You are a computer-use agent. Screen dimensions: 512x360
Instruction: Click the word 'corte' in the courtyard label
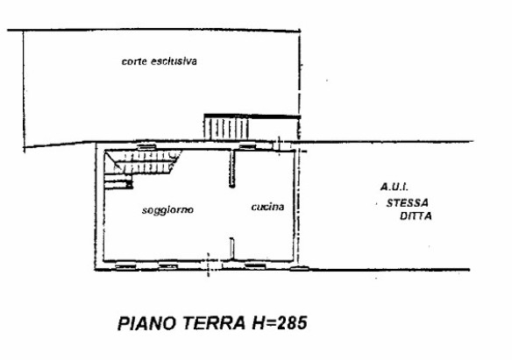tap(134, 61)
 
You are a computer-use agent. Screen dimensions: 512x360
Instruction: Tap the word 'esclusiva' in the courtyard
tap(174, 61)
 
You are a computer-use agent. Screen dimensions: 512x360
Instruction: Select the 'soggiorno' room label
tap(167, 210)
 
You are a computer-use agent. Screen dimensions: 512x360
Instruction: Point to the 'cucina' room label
tap(267, 207)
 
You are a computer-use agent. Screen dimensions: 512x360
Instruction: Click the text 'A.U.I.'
tap(395, 187)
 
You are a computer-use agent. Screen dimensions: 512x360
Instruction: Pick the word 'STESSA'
tap(407, 203)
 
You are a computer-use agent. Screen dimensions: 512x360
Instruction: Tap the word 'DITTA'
tap(416, 215)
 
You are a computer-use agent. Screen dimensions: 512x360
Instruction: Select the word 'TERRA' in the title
tap(214, 323)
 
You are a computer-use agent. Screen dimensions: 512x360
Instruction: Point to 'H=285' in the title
tap(279, 323)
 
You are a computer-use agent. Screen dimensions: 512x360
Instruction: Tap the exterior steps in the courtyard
tap(226, 128)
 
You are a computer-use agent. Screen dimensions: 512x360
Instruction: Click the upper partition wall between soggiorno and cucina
tap(231, 168)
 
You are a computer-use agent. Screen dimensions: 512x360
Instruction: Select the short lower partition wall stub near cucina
tap(231, 249)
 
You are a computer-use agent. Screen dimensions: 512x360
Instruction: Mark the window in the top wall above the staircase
tap(146, 146)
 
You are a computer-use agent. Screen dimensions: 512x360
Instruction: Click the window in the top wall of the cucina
tap(247, 146)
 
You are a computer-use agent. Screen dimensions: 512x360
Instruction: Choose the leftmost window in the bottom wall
tap(125, 266)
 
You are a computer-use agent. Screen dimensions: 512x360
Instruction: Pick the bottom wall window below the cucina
tap(255, 266)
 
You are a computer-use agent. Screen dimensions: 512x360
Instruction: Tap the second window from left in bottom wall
tap(168, 266)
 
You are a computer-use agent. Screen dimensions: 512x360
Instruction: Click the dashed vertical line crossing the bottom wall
tap(208, 265)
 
